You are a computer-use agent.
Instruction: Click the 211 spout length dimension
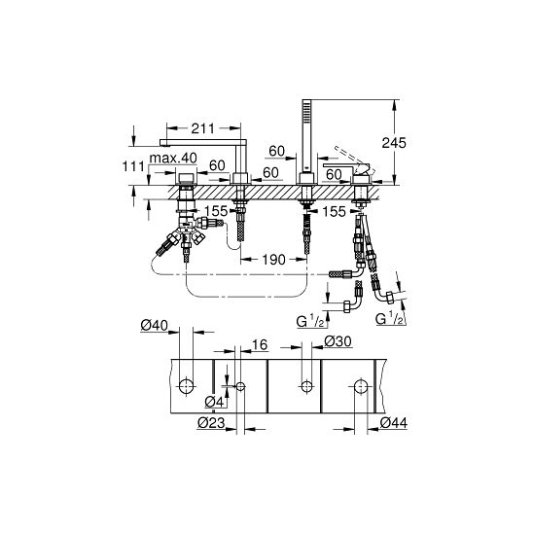pos(203,128)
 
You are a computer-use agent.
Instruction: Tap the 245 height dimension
pos(394,143)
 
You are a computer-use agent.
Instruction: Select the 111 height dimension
pos(133,166)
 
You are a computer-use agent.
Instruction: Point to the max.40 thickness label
pos(173,159)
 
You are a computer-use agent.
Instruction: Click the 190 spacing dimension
pos(273,260)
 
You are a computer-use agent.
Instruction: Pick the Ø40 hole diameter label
pos(155,326)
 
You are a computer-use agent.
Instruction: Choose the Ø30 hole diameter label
pos(338,341)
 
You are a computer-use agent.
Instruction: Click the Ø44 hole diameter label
pos(394,423)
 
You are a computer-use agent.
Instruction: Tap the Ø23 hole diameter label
pos(211,423)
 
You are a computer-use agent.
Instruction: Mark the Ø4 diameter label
pos(215,402)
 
